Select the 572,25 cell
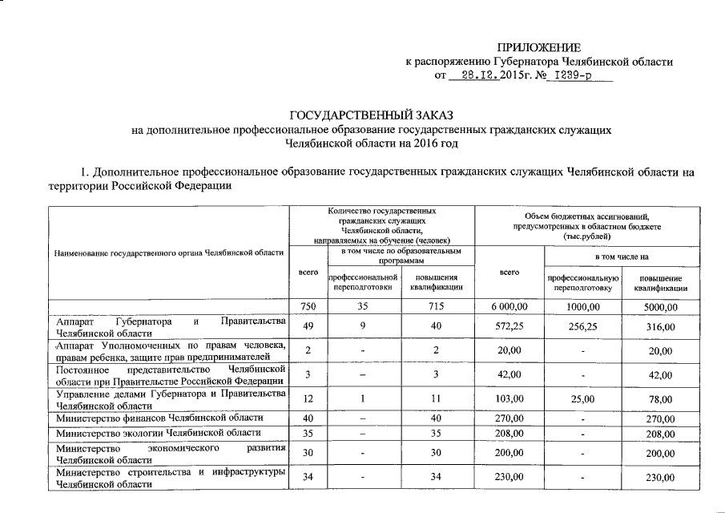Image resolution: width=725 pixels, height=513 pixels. [509, 327]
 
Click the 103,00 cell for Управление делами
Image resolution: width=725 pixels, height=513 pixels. [509, 398]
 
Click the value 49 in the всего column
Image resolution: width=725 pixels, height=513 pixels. [308, 327]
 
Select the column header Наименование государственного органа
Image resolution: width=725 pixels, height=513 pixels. [169, 253]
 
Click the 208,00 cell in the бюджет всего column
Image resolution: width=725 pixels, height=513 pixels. [509, 433]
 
